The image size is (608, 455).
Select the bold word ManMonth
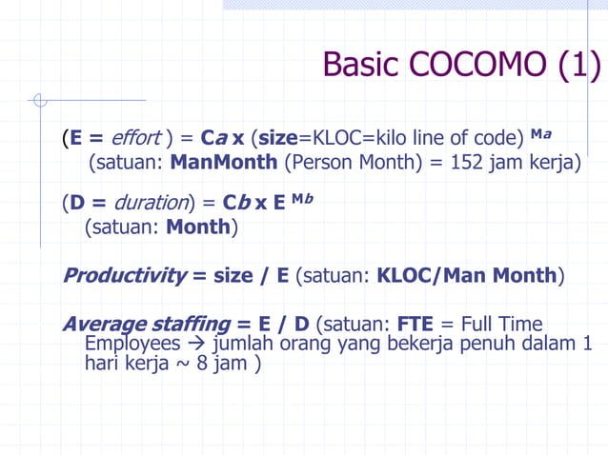[224, 163]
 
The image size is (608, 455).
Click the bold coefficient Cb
[235, 203]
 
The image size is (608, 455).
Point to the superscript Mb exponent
[304, 198]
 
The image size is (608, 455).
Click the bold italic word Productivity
[124, 276]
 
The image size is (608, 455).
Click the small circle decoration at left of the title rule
[39, 99]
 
